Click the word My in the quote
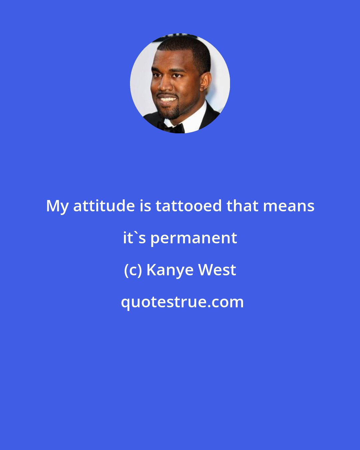click(57, 206)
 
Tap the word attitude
click(104, 206)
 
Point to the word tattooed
click(189, 206)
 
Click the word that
click(242, 206)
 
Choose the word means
click(289, 206)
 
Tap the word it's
click(134, 238)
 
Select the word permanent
click(194, 238)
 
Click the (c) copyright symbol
click(133, 270)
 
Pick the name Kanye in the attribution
click(170, 270)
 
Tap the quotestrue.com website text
click(182, 302)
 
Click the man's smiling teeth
click(167, 99)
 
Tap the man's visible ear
click(204, 83)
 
